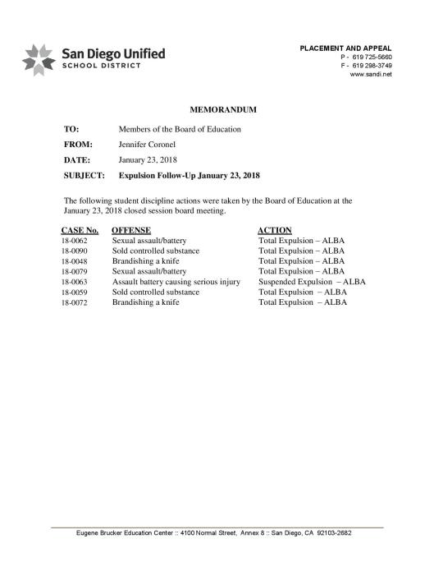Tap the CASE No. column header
click(80, 230)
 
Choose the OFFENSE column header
click(133, 230)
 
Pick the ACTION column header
click(275, 230)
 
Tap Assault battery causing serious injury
click(176, 282)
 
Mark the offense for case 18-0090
click(156, 251)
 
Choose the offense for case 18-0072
click(145, 302)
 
